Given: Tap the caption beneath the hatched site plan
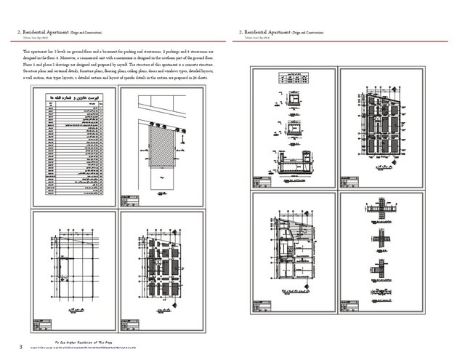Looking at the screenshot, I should coord(162,177).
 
